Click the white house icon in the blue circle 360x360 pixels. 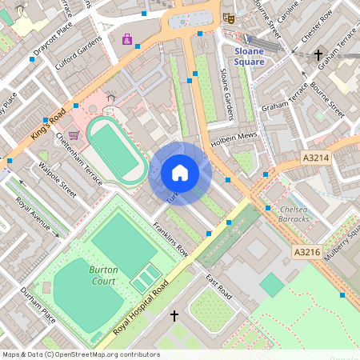point(179,172)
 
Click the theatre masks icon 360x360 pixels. point(230,16)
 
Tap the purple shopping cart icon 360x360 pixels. point(74,135)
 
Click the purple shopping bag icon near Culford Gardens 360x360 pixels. point(126,39)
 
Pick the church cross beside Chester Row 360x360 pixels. point(318,55)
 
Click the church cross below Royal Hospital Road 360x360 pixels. point(174,317)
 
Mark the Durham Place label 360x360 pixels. point(38,305)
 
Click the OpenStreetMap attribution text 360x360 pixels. point(80,354)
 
